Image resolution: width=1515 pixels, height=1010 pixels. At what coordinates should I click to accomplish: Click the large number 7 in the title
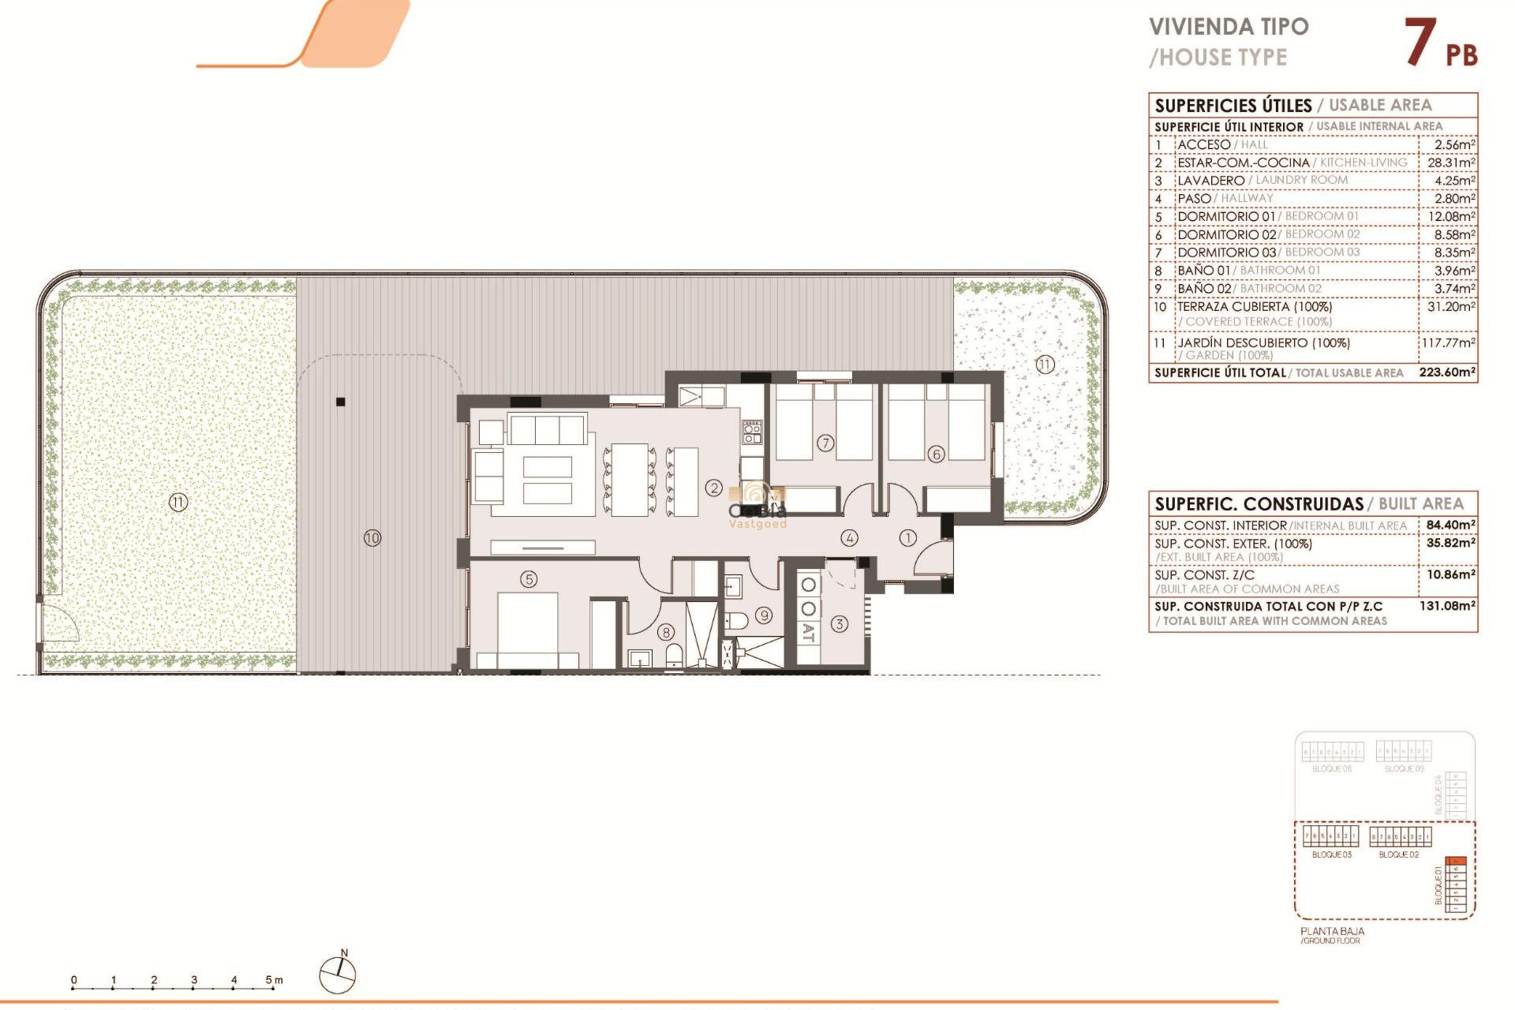click(x=1420, y=43)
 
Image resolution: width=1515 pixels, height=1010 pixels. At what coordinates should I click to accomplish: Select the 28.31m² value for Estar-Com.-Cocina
click(x=1450, y=163)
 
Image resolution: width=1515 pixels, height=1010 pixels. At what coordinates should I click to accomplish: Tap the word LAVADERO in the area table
click(x=1210, y=181)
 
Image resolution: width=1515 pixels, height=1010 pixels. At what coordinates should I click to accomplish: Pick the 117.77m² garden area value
click(x=1448, y=343)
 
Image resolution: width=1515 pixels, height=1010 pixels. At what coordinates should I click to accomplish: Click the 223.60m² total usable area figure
click(x=1446, y=372)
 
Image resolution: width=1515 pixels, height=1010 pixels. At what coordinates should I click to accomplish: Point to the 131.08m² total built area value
click(x=1447, y=606)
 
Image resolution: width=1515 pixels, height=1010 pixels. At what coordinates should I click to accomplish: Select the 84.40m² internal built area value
click(x=1450, y=525)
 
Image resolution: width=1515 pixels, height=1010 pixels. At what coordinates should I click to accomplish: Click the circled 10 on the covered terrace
click(x=372, y=538)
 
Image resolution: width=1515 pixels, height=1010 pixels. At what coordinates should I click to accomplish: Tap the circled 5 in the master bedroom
click(x=529, y=579)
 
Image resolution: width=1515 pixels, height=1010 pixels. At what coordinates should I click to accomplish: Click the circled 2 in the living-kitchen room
click(x=714, y=488)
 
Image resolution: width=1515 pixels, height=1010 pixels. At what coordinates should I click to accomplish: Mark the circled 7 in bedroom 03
click(x=825, y=443)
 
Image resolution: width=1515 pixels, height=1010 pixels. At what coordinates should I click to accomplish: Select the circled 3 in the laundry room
click(x=839, y=623)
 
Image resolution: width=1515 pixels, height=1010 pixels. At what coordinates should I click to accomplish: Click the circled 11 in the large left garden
click(x=178, y=502)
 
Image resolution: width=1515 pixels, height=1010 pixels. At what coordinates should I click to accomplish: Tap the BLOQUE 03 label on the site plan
click(x=1331, y=855)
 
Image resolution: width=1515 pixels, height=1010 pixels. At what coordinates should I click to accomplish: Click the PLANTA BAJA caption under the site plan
click(x=1332, y=931)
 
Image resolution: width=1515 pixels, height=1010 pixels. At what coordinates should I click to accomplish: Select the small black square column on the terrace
click(x=341, y=402)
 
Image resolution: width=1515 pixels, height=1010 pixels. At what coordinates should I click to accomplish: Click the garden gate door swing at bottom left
click(x=59, y=623)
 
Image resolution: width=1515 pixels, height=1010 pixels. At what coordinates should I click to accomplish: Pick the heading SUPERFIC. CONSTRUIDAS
click(x=1259, y=504)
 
